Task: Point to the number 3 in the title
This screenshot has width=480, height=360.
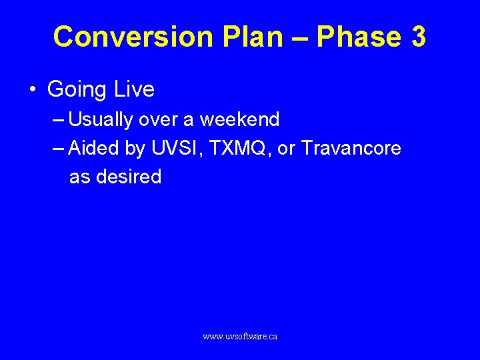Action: pos(418,37)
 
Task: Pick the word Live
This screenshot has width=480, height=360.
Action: pos(134,89)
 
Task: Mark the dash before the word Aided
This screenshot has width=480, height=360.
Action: pos(58,149)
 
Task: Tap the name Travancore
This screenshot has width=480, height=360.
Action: pos(351,148)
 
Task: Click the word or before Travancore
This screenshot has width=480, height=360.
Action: pos(287,149)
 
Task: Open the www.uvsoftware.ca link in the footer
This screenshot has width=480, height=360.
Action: pos(240,337)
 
